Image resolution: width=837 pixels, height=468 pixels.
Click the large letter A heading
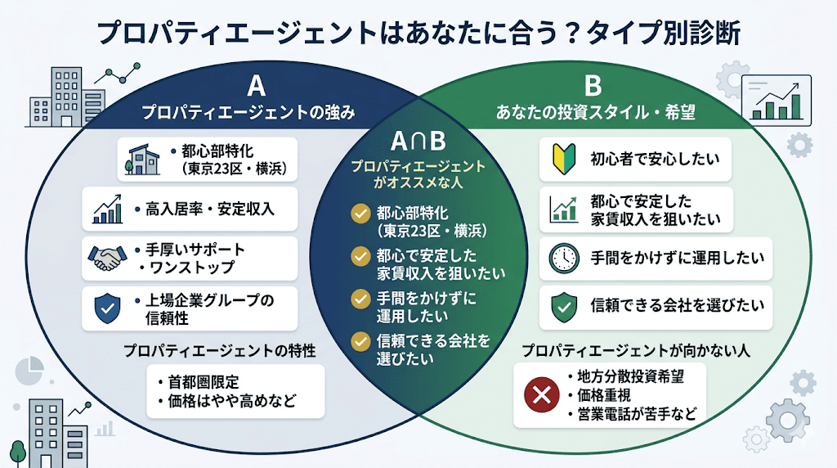(256, 86)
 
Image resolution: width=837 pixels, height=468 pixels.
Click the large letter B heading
(593, 85)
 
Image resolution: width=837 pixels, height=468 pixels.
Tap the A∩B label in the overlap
(417, 141)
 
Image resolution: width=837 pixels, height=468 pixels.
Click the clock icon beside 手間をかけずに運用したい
(563, 258)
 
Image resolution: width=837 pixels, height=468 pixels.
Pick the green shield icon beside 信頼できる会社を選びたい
(563, 306)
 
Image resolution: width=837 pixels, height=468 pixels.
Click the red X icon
(540, 396)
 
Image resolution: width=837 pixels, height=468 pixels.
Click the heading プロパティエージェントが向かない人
(636, 351)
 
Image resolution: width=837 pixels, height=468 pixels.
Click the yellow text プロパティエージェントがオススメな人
(418, 173)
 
